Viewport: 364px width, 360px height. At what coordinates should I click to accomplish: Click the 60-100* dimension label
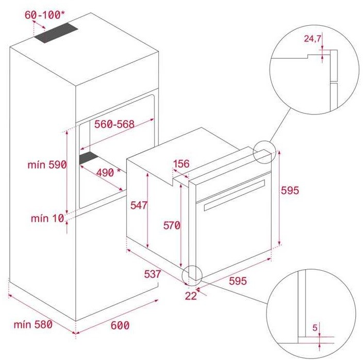[44, 14]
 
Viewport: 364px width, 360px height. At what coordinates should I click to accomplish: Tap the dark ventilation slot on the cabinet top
[56, 33]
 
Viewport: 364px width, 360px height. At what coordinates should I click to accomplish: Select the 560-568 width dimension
[114, 124]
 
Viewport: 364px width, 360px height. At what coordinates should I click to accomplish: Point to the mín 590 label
[47, 165]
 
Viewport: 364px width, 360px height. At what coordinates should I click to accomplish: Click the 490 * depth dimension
[108, 172]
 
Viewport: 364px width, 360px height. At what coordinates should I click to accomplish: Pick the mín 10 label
[47, 218]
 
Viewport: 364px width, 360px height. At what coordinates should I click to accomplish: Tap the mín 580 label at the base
[33, 324]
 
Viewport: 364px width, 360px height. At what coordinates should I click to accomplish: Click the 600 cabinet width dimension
[120, 325]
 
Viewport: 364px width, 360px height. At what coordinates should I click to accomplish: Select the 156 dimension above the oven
[181, 163]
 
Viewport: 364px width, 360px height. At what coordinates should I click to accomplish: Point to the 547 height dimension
[139, 205]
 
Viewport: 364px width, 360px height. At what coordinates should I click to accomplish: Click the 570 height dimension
[172, 225]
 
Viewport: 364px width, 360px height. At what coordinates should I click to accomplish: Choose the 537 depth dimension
[152, 274]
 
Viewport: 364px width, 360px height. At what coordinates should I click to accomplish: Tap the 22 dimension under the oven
[191, 296]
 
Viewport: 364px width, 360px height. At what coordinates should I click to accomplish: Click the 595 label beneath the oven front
[238, 281]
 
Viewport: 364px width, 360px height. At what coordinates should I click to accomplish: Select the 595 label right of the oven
[290, 190]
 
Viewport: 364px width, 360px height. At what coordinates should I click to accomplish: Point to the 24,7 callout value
[312, 39]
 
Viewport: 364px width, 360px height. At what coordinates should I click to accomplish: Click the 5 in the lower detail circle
[315, 328]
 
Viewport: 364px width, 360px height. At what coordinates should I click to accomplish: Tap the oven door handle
[235, 195]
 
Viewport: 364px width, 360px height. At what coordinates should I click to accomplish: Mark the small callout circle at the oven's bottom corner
[192, 275]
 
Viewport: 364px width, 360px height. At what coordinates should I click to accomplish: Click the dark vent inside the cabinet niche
[89, 158]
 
